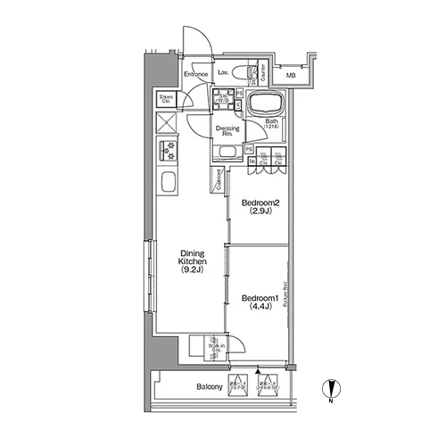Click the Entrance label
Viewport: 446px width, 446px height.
point(196,74)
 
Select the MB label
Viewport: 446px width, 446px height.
point(291,74)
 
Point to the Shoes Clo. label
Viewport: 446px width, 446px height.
point(167,98)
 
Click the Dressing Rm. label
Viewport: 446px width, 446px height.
point(227,131)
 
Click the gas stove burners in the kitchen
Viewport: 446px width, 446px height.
point(168,149)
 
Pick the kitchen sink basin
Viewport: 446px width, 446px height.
point(167,186)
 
